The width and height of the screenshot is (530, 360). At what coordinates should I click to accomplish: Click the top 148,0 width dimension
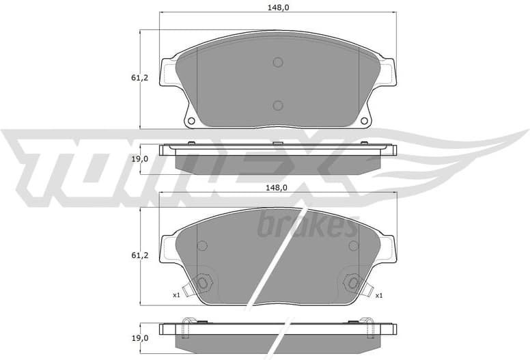277,8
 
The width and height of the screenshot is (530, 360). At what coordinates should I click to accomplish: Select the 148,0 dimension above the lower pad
277,187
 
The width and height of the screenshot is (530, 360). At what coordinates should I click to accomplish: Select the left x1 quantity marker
176,295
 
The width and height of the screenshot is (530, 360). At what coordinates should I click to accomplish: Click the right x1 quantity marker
378,295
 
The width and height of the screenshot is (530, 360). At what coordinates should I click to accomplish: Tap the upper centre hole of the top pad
277,63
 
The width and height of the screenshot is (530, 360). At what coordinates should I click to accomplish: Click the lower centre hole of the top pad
277,105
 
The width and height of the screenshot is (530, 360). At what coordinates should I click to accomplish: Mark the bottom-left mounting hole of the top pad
191,121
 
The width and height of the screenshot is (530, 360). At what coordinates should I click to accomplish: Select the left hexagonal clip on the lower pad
202,283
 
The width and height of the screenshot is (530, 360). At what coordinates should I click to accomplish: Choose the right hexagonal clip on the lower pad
353,283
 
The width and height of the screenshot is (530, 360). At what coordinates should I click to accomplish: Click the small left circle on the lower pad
201,246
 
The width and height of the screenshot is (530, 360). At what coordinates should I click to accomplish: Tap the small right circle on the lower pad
353,246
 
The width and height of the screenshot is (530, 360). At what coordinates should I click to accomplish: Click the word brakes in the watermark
307,225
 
